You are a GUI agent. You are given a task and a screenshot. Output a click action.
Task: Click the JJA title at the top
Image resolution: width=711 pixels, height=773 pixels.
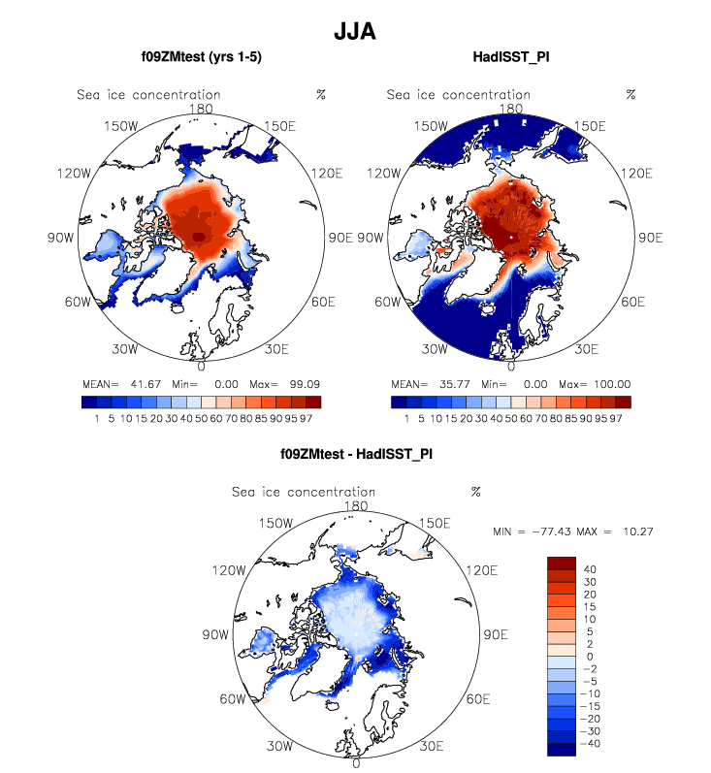point(354,31)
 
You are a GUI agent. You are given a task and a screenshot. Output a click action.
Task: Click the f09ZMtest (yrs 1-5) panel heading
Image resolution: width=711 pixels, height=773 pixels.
point(201,58)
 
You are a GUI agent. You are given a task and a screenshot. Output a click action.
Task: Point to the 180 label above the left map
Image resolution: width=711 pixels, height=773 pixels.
point(202,110)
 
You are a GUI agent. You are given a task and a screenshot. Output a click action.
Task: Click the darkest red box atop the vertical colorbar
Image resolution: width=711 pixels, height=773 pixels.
point(562,564)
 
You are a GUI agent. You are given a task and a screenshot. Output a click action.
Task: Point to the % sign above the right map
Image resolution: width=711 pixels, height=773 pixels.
point(630,95)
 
